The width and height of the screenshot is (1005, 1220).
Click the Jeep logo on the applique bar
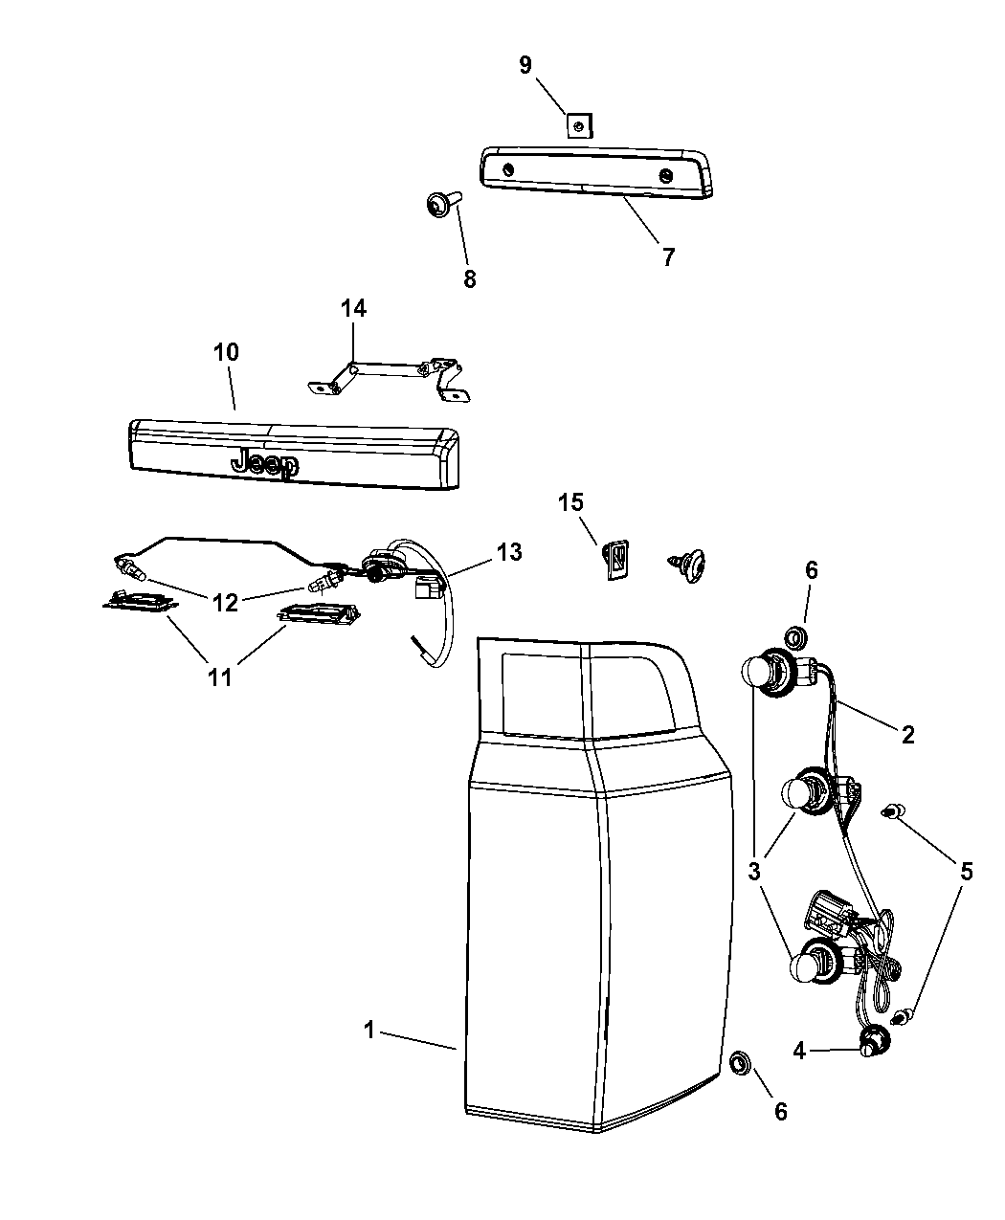coord(265,464)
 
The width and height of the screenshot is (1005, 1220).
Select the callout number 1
coord(368,1031)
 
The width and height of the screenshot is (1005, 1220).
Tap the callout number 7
coord(667,256)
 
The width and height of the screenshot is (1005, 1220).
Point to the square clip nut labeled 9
coord(577,124)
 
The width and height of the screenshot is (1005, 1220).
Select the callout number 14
coord(353,308)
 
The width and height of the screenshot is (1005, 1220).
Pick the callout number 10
coord(226,351)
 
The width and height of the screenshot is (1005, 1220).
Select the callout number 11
coord(220,677)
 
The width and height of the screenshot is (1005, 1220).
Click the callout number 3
coord(755,871)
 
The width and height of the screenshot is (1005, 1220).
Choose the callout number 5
coord(966,871)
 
